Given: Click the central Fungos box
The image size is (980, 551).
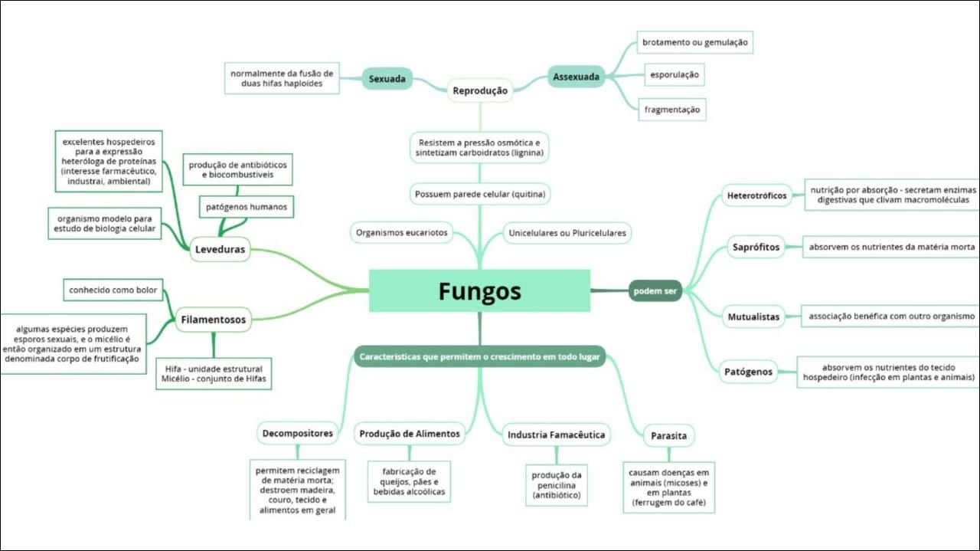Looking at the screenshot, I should coord(479,291).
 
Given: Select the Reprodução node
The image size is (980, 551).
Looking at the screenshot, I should coord(480,90).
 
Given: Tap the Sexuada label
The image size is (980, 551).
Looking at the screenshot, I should coord(387,79).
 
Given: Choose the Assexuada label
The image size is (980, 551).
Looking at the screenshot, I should coord(576,77).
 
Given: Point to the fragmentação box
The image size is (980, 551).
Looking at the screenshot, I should coord(671,110).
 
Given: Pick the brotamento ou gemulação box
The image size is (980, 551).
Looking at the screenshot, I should coord(694,43).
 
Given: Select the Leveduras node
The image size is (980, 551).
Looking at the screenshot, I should coord(220,250).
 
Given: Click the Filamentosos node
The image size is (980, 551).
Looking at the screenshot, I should coord(213,320).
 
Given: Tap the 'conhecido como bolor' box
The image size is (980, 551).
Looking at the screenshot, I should coord(113,290).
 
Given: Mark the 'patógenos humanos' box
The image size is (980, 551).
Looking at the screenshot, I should coord(247,207).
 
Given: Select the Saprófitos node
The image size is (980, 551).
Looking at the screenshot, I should coord(755,248).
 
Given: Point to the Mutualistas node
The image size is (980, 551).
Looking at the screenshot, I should coord(753,316).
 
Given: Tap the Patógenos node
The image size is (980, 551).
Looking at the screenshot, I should coord(748,372).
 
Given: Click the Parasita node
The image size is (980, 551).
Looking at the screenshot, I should coord(668,436).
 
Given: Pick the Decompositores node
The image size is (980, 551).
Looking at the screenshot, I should coord(298,433).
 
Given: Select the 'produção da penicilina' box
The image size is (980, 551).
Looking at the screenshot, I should coord(557,486).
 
